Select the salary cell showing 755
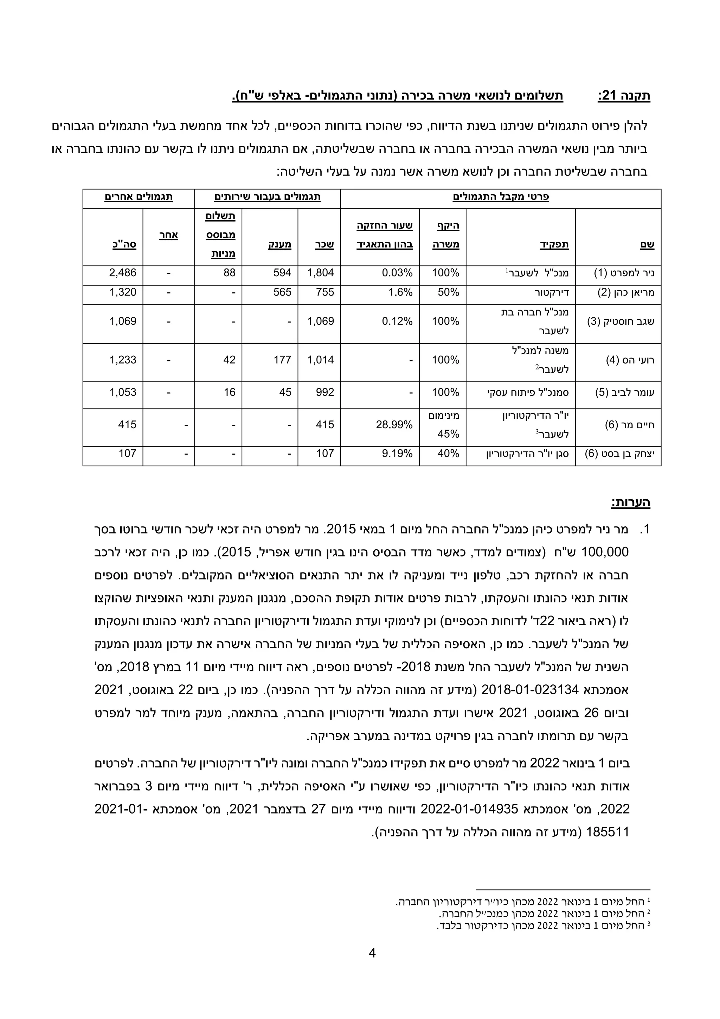pyautogui.click(x=324, y=292)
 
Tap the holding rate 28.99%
pyautogui.click(x=394, y=425)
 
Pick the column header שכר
pyautogui.click(x=324, y=244)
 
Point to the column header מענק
pyautogui.click(x=280, y=244)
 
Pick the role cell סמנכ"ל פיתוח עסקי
pyautogui.click(x=528, y=393)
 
